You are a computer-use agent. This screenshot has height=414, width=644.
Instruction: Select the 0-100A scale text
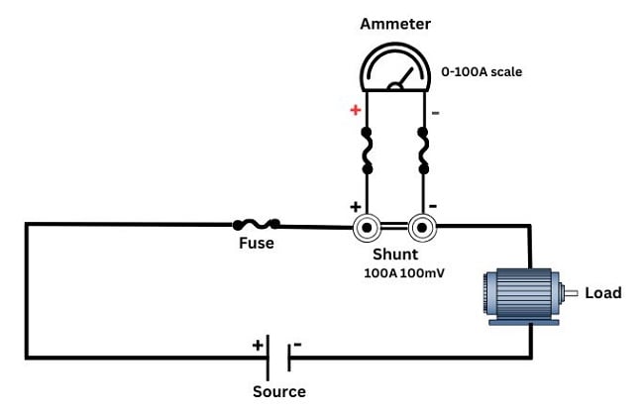tap(482, 71)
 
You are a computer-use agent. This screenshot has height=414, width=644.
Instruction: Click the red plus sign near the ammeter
tap(355, 110)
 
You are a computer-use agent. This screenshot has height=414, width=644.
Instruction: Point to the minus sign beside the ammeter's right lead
tap(436, 112)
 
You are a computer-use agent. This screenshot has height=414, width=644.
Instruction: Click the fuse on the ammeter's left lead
tap(367, 151)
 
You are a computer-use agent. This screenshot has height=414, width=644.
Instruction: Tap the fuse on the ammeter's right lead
tap(424, 151)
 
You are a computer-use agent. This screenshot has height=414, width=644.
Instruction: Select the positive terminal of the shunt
tap(368, 229)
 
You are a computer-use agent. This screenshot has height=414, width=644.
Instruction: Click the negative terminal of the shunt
tap(423, 229)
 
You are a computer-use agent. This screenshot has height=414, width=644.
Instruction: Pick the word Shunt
tap(395, 255)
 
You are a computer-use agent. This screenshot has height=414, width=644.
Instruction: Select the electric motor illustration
tap(521, 293)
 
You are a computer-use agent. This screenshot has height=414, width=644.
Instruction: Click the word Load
tap(602, 292)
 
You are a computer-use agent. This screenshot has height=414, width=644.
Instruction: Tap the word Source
tap(278, 391)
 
